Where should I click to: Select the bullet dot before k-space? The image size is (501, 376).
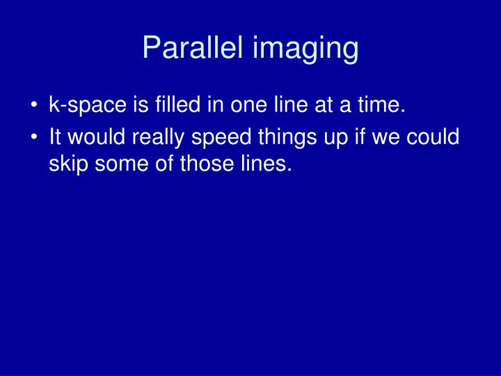pyautogui.click(x=34, y=107)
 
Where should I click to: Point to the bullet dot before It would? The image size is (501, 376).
pyautogui.click(x=34, y=137)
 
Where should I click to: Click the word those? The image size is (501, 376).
pyautogui.click(x=204, y=166)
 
